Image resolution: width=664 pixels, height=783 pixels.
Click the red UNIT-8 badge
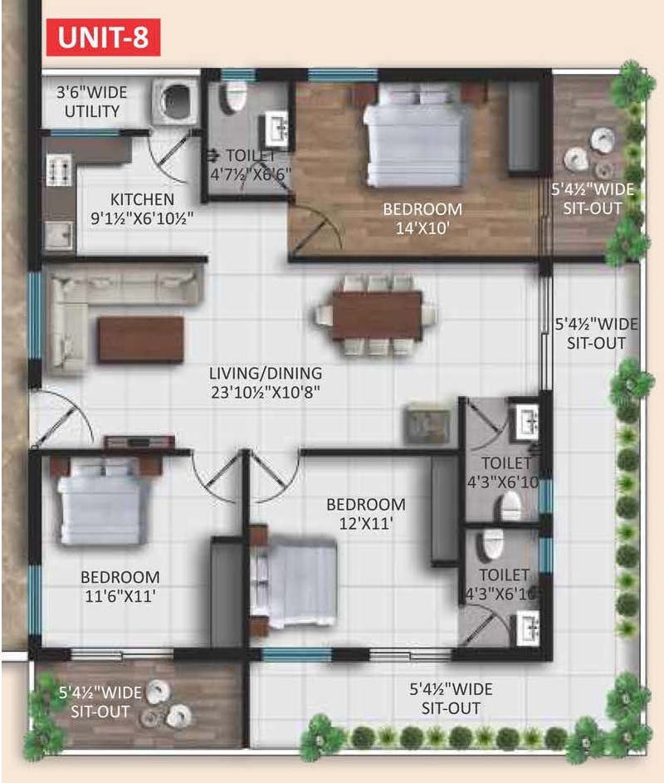coord(104,37)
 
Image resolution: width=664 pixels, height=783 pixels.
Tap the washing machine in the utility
coord(175,101)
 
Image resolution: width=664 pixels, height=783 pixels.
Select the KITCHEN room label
coord(142,199)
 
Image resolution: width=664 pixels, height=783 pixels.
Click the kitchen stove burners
coord(60,170)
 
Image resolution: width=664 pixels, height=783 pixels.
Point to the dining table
coord(377,316)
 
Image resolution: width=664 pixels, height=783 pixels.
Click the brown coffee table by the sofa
coord(141,339)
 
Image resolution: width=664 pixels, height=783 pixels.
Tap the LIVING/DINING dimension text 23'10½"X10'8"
coord(266,393)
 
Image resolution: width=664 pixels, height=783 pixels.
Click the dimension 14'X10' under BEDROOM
coord(422,228)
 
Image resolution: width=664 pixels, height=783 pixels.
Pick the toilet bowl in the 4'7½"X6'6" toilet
coord(236,96)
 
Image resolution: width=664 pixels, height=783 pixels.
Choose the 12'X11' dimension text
coord(366,523)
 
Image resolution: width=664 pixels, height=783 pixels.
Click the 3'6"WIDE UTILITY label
coord(92,101)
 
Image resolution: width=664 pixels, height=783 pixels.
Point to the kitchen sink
coord(60,235)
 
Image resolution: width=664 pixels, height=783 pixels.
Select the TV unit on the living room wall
coord(139,443)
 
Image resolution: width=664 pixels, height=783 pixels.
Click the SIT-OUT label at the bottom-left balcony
coord(100,711)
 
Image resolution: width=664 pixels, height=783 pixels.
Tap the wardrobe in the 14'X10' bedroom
coord(524,127)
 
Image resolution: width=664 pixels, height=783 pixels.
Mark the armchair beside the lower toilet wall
coord(427,423)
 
